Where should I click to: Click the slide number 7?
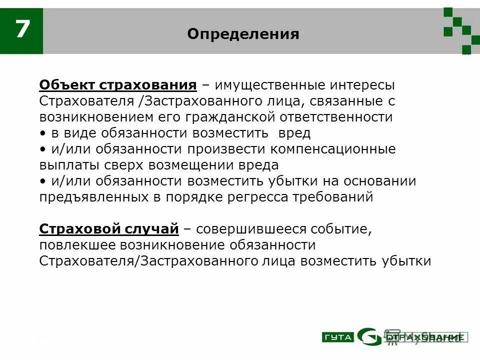point(21,30)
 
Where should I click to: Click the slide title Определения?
point(243,34)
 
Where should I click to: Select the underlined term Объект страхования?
point(118,85)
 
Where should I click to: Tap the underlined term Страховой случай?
point(109,229)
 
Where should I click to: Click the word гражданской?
point(228,117)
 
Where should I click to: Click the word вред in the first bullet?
point(295,133)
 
